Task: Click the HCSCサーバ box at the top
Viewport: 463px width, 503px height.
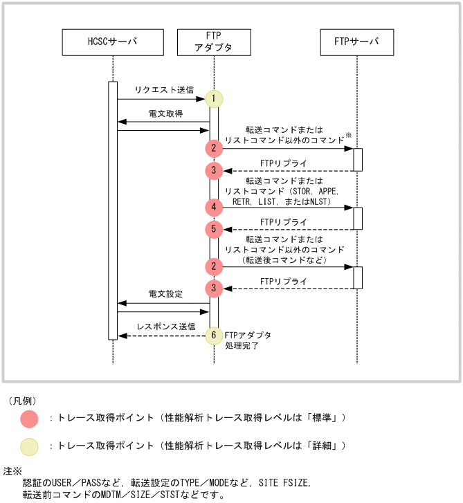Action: point(113,42)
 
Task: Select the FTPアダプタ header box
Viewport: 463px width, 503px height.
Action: point(214,42)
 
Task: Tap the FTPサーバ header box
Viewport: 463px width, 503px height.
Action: point(357,42)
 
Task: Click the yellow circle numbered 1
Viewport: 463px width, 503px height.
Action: point(215,98)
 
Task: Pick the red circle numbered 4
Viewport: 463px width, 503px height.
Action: point(215,207)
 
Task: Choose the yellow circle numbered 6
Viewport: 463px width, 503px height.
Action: point(215,335)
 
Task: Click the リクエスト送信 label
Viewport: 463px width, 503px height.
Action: point(164,91)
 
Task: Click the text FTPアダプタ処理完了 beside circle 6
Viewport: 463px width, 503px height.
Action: point(247,340)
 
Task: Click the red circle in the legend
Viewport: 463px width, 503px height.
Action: point(29,419)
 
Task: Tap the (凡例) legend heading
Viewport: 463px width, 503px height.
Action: point(22,401)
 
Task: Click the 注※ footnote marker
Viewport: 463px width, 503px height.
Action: point(13,470)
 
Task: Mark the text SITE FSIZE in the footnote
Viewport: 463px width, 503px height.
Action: point(285,482)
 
